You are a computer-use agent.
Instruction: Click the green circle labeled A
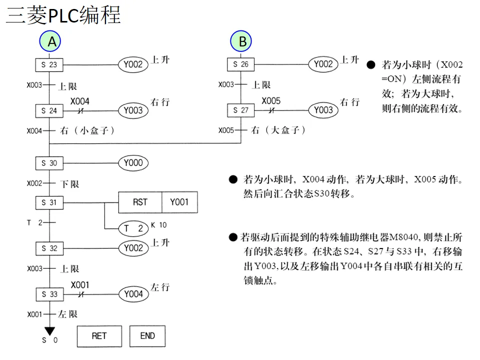[x=51, y=42]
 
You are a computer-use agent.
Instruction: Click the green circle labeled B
[x=242, y=42]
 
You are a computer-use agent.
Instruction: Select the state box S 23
[x=49, y=64]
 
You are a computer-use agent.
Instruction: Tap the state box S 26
[x=240, y=64]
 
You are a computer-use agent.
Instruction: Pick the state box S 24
[x=49, y=110]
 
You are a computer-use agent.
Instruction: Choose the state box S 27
[x=240, y=110]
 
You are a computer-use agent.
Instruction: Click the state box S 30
[x=49, y=163]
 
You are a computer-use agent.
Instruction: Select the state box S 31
[x=49, y=202]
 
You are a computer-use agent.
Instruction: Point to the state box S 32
[x=49, y=248]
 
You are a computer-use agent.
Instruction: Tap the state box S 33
[x=49, y=294]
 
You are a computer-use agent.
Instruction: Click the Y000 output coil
[x=133, y=163]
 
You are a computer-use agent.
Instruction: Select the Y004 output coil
[x=133, y=294]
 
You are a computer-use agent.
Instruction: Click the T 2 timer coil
[x=133, y=228]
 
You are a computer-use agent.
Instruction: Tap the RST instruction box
[x=140, y=202]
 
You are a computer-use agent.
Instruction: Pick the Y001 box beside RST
[x=179, y=202]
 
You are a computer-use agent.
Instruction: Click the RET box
[x=99, y=336]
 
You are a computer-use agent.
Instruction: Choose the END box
[x=147, y=336]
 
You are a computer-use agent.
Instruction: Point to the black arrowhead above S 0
[x=49, y=330]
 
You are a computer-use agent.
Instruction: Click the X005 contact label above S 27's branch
[x=271, y=100]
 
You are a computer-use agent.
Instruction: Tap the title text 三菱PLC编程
[x=63, y=15]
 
